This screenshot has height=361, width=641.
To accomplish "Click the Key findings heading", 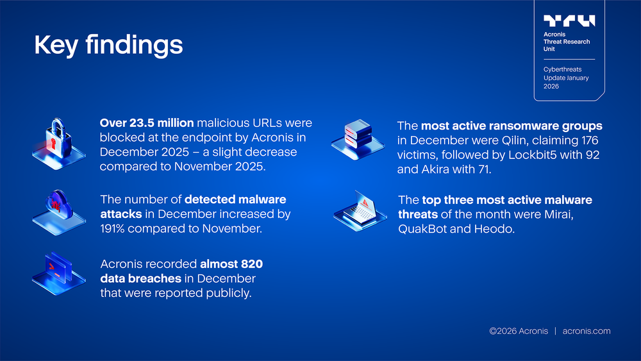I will pyautogui.click(x=108, y=45).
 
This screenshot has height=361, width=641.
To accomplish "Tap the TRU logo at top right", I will pyautogui.click(x=569, y=21).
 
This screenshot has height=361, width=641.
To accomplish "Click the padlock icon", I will pyautogui.click(x=58, y=140).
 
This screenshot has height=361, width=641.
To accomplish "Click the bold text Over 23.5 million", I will pyautogui.click(x=147, y=122).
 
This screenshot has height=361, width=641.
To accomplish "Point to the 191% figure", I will pyautogui.click(x=113, y=228).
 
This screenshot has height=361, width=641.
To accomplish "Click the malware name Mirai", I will pyautogui.click(x=556, y=214).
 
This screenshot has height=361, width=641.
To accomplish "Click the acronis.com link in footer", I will pyautogui.click(x=586, y=331).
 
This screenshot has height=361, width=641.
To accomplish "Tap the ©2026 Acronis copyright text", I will pyautogui.click(x=519, y=331).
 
